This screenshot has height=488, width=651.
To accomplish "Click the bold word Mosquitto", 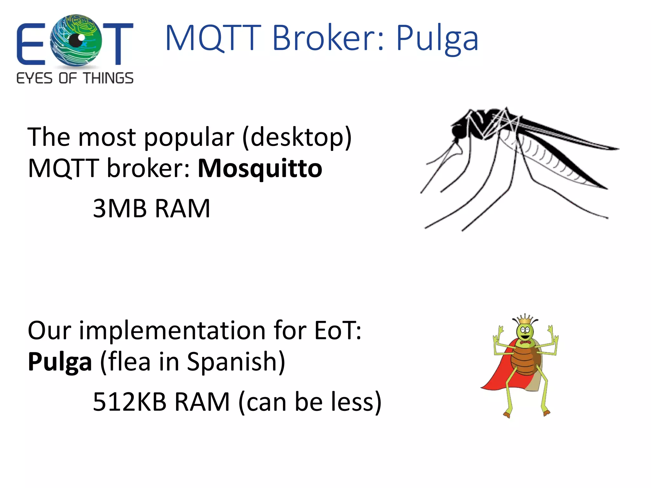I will click(260, 169).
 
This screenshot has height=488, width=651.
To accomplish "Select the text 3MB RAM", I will click(151, 209).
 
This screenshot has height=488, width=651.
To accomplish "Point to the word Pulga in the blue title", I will click(437, 39).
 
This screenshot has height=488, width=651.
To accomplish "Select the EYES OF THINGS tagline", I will click(75, 78).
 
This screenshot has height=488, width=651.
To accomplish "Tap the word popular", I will click(189, 137).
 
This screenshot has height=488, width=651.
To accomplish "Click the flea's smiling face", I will click(525, 332).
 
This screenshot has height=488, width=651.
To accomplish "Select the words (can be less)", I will click(310, 402).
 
